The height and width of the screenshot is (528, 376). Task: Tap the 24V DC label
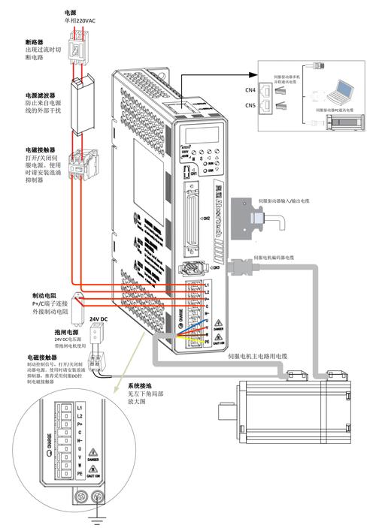coord(99,319)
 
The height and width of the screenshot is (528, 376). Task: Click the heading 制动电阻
coord(46,296)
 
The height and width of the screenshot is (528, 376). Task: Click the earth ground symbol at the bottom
coord(96,520)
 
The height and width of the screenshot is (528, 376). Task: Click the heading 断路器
coord(35,41)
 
